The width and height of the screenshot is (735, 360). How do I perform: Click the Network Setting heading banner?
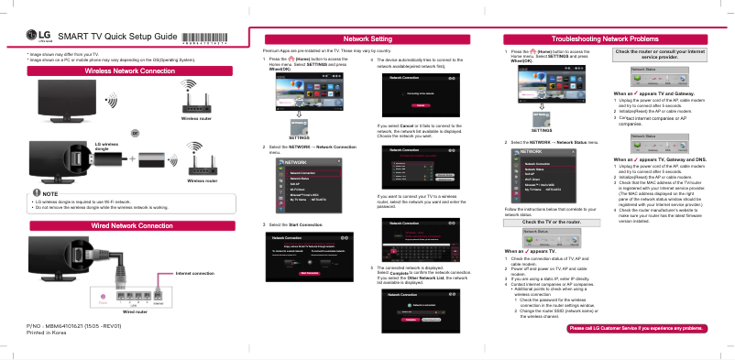(x=367, y=38)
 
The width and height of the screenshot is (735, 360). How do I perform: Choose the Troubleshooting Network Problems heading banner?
(x=611, y=38)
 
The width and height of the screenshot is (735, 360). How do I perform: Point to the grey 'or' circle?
(x=135, y=131)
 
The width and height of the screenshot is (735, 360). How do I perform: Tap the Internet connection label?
(x=194, y=273)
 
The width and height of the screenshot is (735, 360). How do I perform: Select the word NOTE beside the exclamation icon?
(x=50, y=193)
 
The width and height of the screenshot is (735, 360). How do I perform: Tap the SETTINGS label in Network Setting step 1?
(x=301, y=136)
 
